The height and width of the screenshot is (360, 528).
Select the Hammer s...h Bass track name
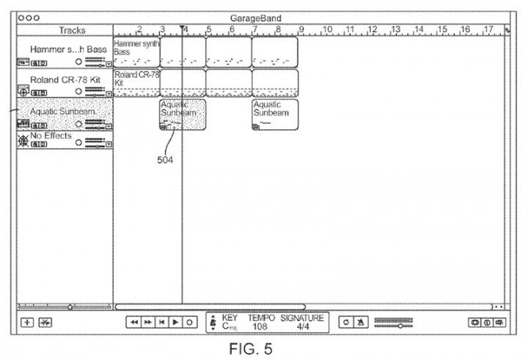pos(68,49)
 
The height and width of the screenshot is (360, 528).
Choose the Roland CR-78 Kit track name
pos(65,79)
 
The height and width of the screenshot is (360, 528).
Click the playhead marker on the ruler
pos(182,29)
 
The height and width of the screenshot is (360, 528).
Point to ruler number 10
pos(327,29)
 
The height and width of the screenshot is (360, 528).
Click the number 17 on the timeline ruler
pos(488,29)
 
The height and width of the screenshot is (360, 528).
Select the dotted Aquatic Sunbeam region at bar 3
pos(183,115)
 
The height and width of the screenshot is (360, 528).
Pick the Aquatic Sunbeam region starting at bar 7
pos(275,115)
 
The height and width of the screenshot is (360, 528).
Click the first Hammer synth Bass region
pos(136,51)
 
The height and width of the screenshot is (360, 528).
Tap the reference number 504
pos(166,161)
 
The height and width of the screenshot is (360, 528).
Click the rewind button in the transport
pos(133,321)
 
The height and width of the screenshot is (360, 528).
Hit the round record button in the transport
pos(189,321)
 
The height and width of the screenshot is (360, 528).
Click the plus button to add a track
pos(27,321)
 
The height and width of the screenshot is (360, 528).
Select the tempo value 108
pos(260,326)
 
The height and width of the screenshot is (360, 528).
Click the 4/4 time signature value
pos(303,326)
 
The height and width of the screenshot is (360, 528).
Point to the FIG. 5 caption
pos(250,348)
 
